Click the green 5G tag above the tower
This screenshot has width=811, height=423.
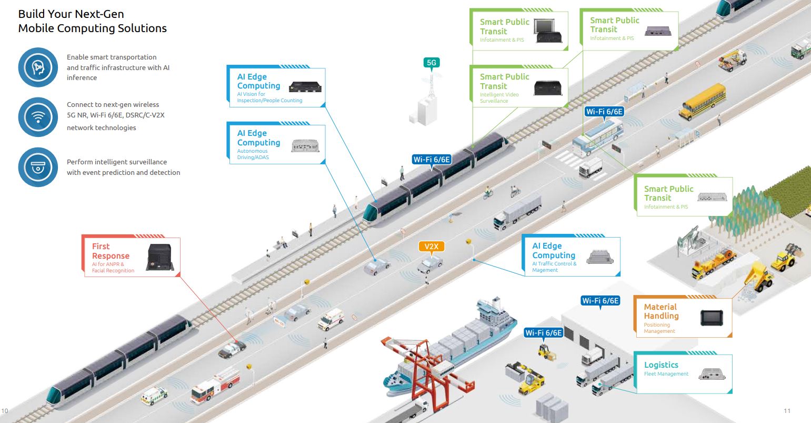click(431, 63)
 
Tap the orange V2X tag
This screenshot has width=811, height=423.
click(431, 246)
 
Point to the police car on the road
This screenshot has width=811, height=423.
click(232, 349)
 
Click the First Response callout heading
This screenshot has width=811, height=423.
click(111, 251)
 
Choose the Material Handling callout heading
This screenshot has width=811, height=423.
click(662, 311)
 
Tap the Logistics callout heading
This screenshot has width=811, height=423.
click(661, 365)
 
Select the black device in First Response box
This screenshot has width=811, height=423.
click(159, 257)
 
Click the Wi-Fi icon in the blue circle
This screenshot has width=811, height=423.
click(37, 117)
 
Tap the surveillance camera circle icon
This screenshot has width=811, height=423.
click(37, 167)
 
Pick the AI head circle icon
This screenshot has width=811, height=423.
click(37, 67)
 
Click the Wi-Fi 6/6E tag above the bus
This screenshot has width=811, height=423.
click(604, 112)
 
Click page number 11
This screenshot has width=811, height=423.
click(787, 410)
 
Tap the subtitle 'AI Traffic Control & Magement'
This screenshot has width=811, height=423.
click(554, 267)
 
